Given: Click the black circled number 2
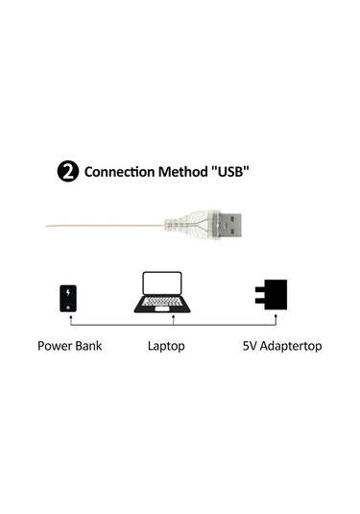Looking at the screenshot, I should click(69, 173).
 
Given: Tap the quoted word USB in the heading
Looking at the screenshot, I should click(231, 173).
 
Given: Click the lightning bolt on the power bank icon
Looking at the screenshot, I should click(69, 292).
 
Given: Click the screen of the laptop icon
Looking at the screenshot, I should click(161, 284).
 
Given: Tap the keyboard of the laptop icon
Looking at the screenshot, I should click(161, 304).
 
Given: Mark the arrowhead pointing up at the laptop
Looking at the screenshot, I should click(172, 313).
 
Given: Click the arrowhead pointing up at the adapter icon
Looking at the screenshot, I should click(274, 313).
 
